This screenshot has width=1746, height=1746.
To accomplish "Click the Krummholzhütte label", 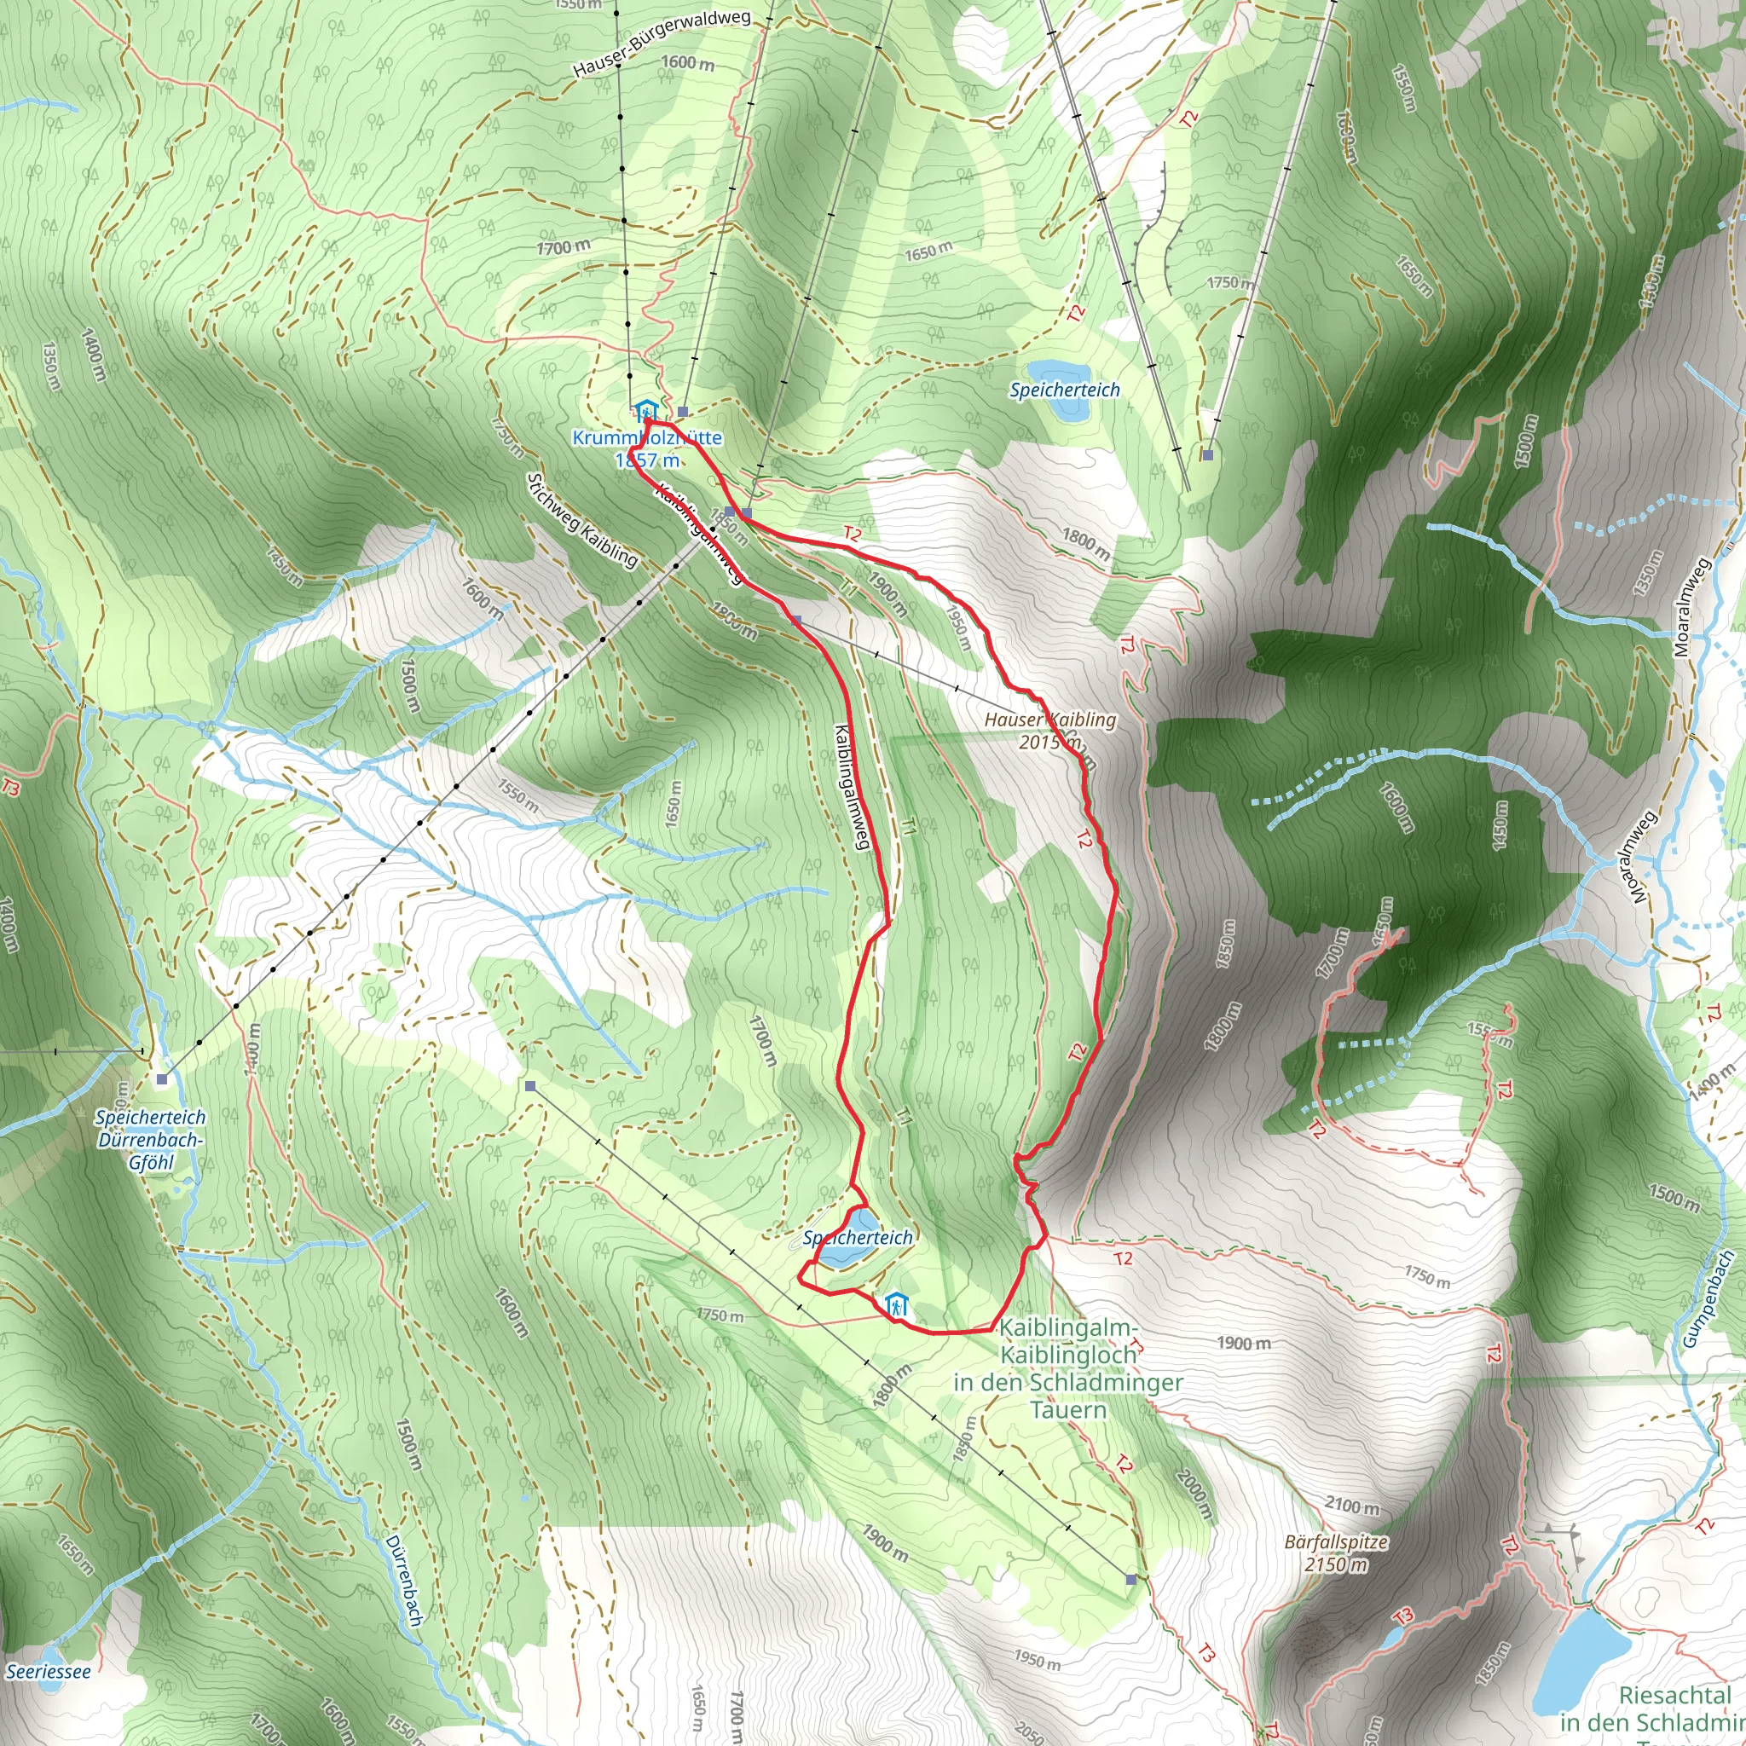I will tap(647, 438).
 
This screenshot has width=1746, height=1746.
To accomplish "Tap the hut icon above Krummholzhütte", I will tap(645, 411).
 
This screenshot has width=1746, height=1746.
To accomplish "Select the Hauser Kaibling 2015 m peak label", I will tap(1049, 731).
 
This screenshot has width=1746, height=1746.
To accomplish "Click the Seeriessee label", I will tap(48, 1672).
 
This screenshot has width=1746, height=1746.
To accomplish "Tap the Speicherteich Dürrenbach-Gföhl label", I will tap(151, 1140).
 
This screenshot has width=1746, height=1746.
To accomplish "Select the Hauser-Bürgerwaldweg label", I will tap(662, 43).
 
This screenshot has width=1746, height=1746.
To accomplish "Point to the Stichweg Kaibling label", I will tap(583, 522).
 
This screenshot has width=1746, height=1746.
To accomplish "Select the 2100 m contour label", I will tap(1352, 1506).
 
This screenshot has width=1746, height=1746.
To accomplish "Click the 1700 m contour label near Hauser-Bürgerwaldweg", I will tap(564, 246).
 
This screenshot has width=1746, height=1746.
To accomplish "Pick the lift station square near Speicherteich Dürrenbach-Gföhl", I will tap(162, 1079).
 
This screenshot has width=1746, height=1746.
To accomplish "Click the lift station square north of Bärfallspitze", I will tap(1131, 1579).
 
